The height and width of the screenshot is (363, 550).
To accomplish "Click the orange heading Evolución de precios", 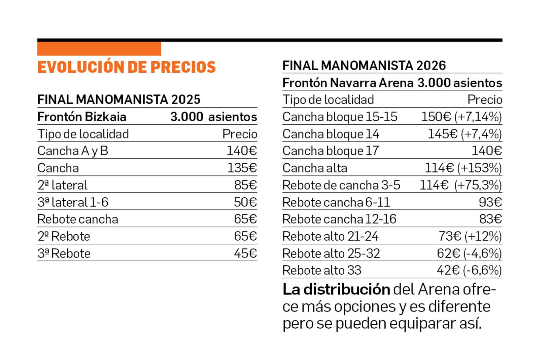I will coord(126,67).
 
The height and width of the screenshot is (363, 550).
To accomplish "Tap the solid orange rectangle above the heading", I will coord(99,49).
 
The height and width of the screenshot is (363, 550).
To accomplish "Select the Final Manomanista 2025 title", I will coord(119,99).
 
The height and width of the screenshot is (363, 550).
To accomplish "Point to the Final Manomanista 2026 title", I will coord(364,66).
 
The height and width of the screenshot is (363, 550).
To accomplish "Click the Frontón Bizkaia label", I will coord(82,117).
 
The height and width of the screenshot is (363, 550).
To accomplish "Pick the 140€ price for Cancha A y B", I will coord(241,151).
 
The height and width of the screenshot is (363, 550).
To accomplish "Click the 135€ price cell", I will coord(242,168).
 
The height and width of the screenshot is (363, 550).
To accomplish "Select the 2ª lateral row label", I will coord(62,185).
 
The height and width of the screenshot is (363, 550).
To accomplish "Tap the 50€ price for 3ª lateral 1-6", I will coord(245,202).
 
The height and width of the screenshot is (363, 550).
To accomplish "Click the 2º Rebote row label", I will coord(64,237).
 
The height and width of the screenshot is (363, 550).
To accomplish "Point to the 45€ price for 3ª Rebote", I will coord(245,253).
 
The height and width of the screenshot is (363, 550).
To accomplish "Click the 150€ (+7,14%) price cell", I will coord(461,117).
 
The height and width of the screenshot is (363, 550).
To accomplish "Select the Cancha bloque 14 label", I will coord(331,134).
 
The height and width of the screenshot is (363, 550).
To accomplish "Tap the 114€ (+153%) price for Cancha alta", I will coord(463,168).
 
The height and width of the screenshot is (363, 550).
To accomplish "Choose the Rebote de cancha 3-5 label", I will coord(341,185).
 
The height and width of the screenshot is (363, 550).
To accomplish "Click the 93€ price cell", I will coord(490,202).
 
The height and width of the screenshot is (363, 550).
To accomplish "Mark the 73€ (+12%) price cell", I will coord(470,237).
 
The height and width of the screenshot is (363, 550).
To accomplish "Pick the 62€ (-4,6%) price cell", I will coord(469,253).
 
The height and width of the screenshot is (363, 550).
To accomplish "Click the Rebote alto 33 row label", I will coord(321,271).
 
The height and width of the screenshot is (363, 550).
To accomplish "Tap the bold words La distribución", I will coord(336,289).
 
